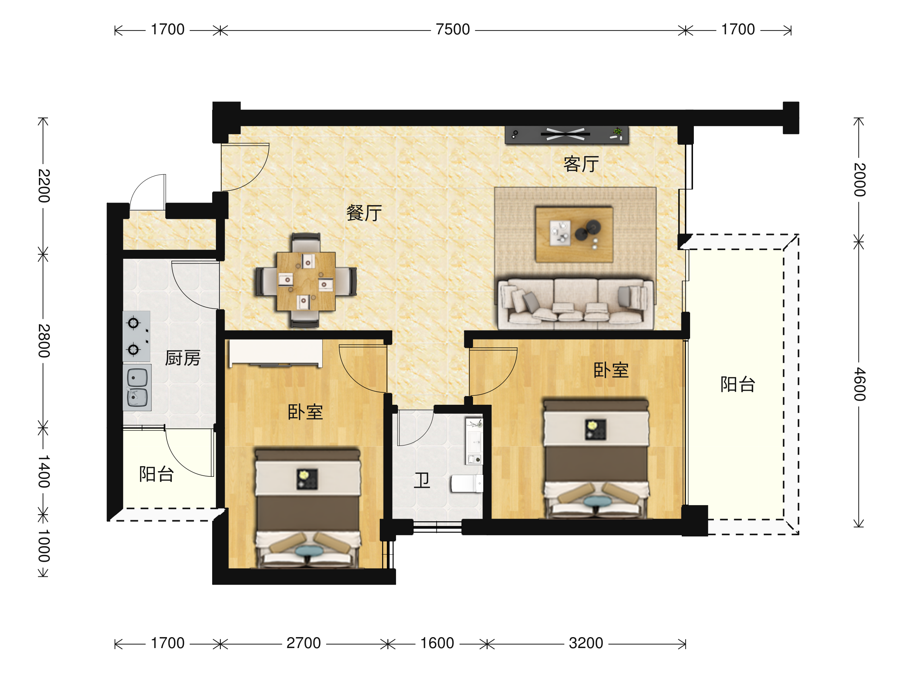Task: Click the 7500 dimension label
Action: coord(452,29)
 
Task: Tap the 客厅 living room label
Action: coord(581,164)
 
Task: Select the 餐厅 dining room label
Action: coord(364,213)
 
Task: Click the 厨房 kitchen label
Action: coord(183,358)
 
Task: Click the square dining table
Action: coord(306,281)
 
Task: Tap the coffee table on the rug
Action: coord(574,234)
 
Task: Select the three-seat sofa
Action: coord(575,304)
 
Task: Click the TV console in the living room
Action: coord(567,135)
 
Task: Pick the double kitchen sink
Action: coord(137,387)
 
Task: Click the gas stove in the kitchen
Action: coord(136,336)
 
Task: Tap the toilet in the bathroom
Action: coord(467,483)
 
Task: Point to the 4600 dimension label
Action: coord(859,384)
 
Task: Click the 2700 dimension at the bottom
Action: coord(304,643)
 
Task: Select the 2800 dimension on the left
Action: coord(44,341)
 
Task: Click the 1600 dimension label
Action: coord(437,643)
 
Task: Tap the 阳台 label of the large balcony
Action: coord(738,384)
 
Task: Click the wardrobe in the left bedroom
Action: coord(276,353)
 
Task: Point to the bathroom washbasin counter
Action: coord(474,441)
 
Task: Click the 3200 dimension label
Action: coord(586,643)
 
